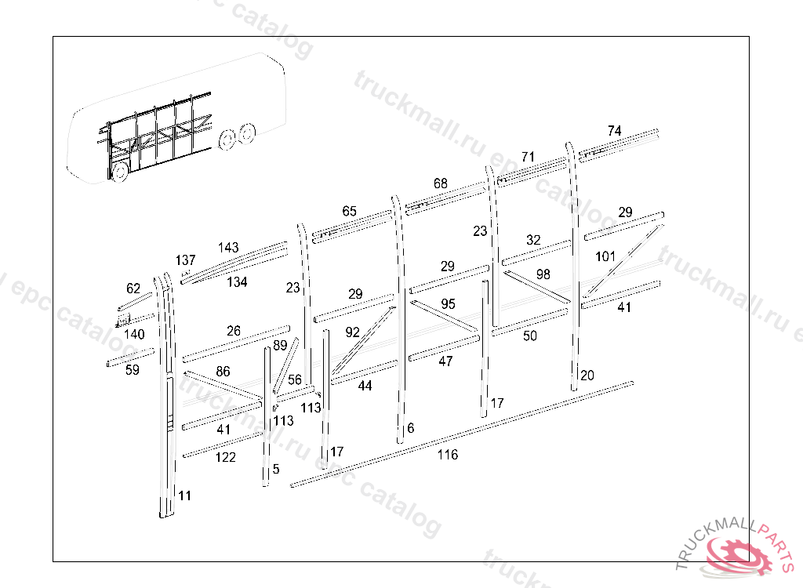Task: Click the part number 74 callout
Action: point(614,131)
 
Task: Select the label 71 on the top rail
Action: point(528,157)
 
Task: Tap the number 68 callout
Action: point(441,183)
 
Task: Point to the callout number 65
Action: point(349,211)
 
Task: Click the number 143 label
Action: point(228,248)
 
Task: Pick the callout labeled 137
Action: point(186,260)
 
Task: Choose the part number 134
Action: point(238,281)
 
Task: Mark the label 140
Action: point(134,334)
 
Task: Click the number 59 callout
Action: point(132,370)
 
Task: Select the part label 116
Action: point(448,455)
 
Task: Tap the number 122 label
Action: point(225,457)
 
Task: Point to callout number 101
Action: point(605,256)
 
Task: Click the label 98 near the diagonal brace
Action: point(543,274)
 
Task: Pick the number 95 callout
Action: point(448,303)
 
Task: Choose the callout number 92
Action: point(353,332)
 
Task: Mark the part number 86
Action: point(223,372)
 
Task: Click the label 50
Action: point(530,336)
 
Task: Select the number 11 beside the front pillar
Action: point(184,495)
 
